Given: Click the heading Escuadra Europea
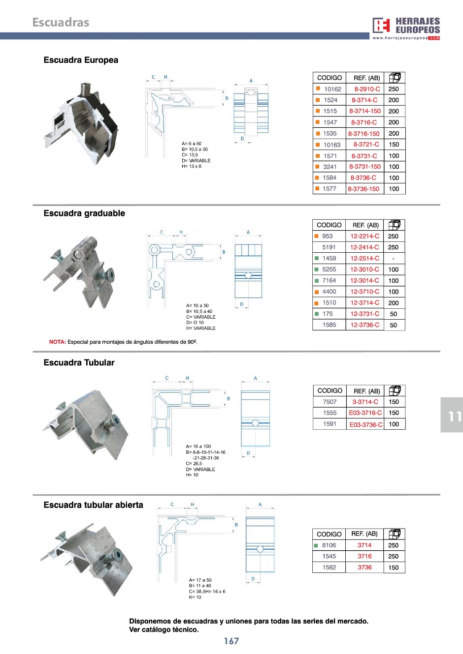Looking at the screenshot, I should click(x=81, y=60).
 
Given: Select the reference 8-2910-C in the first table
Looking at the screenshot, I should click(x=367, y=89).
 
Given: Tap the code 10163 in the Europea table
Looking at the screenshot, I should click(x=332, y=145).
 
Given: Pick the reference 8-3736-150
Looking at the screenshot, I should click(x=364, y=189).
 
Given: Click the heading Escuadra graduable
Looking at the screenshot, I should click(x=84, y=213).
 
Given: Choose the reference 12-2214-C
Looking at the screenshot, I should click(x=364, y=236).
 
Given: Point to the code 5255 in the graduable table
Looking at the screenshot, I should click(x=329, y=269).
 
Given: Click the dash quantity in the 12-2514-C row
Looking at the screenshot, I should click(x=393, y=259).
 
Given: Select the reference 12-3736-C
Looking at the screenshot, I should click(x=364, y=325).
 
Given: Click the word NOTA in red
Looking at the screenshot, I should click(x=57, y=342).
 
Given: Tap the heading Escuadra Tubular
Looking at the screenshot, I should click(x=79, y=363).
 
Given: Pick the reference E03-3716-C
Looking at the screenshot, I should click(x=365, y=413).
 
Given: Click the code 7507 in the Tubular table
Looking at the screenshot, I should click(x=330, y=402).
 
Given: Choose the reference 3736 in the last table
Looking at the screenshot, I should click(x=364, y=567).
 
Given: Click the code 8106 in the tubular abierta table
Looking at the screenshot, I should click(x=329, y=545).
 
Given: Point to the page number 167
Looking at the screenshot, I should click(x=231, y=641).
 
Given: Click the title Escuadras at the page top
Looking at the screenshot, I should click(x=61, y=22).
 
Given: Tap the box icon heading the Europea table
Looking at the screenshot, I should click(x=394, y=78).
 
